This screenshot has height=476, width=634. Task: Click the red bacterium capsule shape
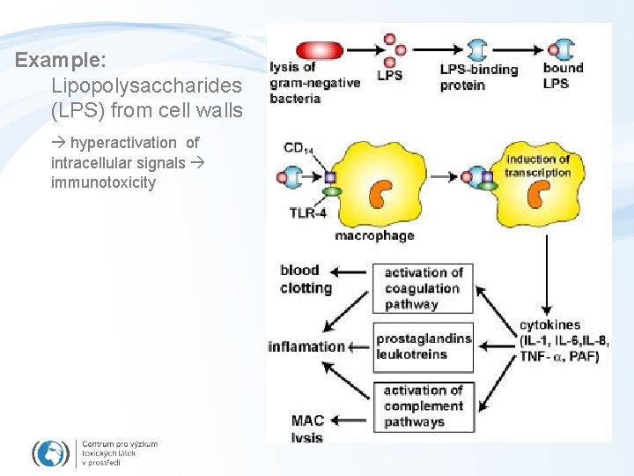[x=320, y=50]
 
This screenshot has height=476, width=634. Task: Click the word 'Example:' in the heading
[x=61, y=62]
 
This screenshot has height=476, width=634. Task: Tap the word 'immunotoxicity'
[x=103, y=182]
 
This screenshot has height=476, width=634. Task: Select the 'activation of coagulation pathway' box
[x=423, y=288]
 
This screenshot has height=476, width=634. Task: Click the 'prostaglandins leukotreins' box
[x=424, y=346]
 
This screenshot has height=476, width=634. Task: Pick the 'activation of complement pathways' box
[x=423, y=406]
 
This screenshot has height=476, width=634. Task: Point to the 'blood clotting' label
[x=306, y=279]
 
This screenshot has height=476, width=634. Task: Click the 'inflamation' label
[x=306, y=346]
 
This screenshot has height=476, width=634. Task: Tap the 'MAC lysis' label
[x=307, y=429]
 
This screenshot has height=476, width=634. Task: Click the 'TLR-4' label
[x=308, y=212]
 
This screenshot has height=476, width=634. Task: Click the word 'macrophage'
[x=374, y=235]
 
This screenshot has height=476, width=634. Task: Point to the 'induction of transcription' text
[x=537, y=166]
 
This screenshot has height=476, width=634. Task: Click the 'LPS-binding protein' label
[x=479, y=78]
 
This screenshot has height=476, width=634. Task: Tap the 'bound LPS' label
[x=563, y=75]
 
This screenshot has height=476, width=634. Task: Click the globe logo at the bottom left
[x=51, y=452]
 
